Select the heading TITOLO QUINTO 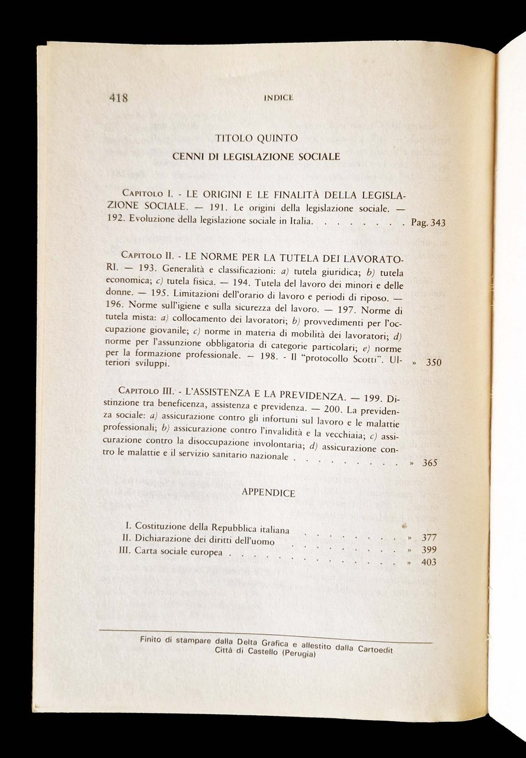[256, 139]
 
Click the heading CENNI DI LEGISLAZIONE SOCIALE [256, 157]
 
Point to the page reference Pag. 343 [428, 223]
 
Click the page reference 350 [434, 362]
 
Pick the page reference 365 [430, 463]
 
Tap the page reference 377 [429, 538]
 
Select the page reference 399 [429, 550]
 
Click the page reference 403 [429, 562]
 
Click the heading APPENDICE [268, 493]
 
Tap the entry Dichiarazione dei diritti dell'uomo [204, 539]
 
